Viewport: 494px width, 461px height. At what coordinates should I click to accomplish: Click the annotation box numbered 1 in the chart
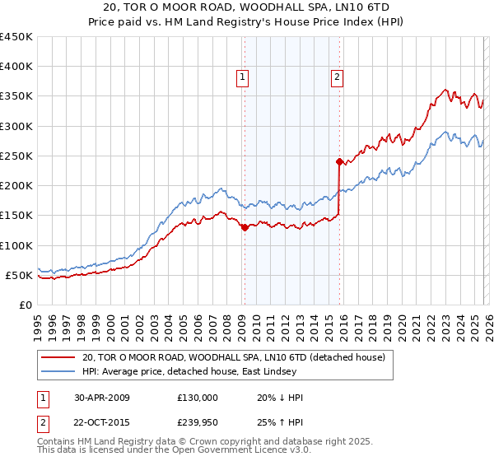(244, 78)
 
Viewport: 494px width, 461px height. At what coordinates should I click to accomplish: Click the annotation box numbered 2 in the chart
(338, 78)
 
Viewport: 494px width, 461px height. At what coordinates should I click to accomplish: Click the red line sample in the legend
(58, 357)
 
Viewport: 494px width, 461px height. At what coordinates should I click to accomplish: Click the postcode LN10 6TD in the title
(356, 7)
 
